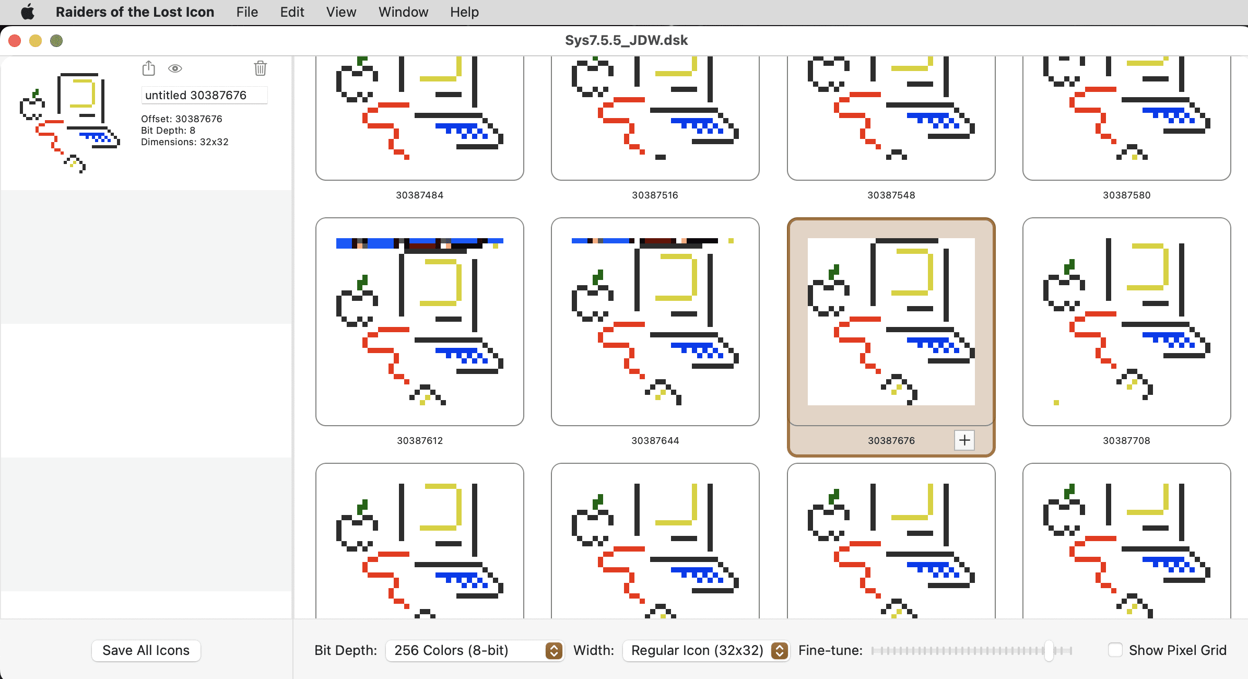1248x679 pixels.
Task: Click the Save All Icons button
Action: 146,650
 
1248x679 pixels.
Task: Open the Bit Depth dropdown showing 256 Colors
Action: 474,650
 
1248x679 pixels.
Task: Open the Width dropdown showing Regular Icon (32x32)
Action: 706,650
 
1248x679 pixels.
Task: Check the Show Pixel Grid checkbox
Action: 1115,650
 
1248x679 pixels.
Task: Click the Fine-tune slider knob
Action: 1049,650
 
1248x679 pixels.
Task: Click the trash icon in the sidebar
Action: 260,68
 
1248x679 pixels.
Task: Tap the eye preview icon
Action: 175,68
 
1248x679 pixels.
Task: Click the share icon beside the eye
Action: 149,68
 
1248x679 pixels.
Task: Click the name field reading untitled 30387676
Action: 204,95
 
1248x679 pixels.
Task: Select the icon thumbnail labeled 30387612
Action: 419,322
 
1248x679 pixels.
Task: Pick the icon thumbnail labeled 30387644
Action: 655,322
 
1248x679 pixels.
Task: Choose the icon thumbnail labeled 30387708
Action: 1126,322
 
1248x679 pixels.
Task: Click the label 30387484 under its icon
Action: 419,195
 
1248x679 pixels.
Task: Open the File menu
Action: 247,12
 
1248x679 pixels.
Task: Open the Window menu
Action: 403,12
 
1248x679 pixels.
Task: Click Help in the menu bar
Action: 464,12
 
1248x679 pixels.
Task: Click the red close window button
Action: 15,41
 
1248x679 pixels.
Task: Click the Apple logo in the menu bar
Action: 28,12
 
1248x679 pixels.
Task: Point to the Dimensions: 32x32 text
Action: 184,142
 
